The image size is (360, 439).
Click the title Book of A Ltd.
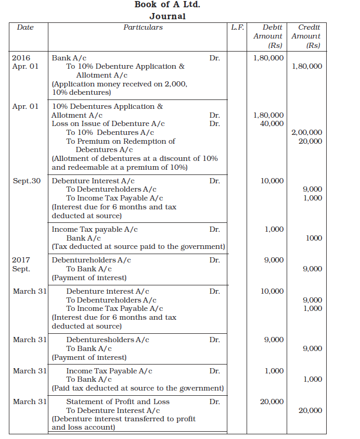point(167,5)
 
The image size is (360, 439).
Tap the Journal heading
point(167,16)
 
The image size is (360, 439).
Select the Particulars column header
point(143,28)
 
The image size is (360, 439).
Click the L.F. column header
point(238,28)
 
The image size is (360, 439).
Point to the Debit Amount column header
point(268,36)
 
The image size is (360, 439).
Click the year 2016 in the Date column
point(21,58)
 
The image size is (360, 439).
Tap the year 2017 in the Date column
point(21,260)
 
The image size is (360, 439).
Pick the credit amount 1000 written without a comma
point(313,238)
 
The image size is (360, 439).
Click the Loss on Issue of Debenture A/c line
point(108,124)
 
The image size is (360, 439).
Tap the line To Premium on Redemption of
point(121,141)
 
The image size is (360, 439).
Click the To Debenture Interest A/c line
point(113,410)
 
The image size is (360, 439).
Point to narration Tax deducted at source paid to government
point(138,246)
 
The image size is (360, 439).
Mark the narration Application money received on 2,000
point(120,84)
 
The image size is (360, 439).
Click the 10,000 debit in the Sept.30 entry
point(273,181)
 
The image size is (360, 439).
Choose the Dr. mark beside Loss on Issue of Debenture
point(214,124)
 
